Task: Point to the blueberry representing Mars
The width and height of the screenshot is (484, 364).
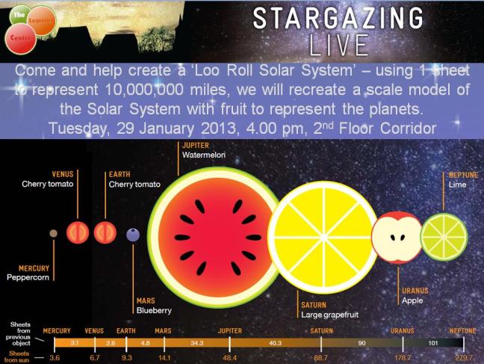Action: click(x=132, y=235)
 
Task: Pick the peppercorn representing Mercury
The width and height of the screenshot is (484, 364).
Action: click(x=53, y=234)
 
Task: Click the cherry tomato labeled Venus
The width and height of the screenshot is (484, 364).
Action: click(x=78, y=233)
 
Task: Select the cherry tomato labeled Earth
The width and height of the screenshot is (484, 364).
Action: click(x=105, y=233)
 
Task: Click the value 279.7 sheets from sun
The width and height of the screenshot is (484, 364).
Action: click(x=464, y=359)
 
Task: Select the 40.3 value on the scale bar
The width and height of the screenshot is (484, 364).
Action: click(x=275, y=342)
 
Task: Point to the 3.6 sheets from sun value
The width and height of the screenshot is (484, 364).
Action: click(x=54, y=359)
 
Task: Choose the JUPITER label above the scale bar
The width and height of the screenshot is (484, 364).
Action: click(x=229, y=330)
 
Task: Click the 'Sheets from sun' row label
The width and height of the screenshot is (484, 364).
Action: click(x=19, y=354)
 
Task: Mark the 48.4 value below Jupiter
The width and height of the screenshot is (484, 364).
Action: click(x=229, y=359)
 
